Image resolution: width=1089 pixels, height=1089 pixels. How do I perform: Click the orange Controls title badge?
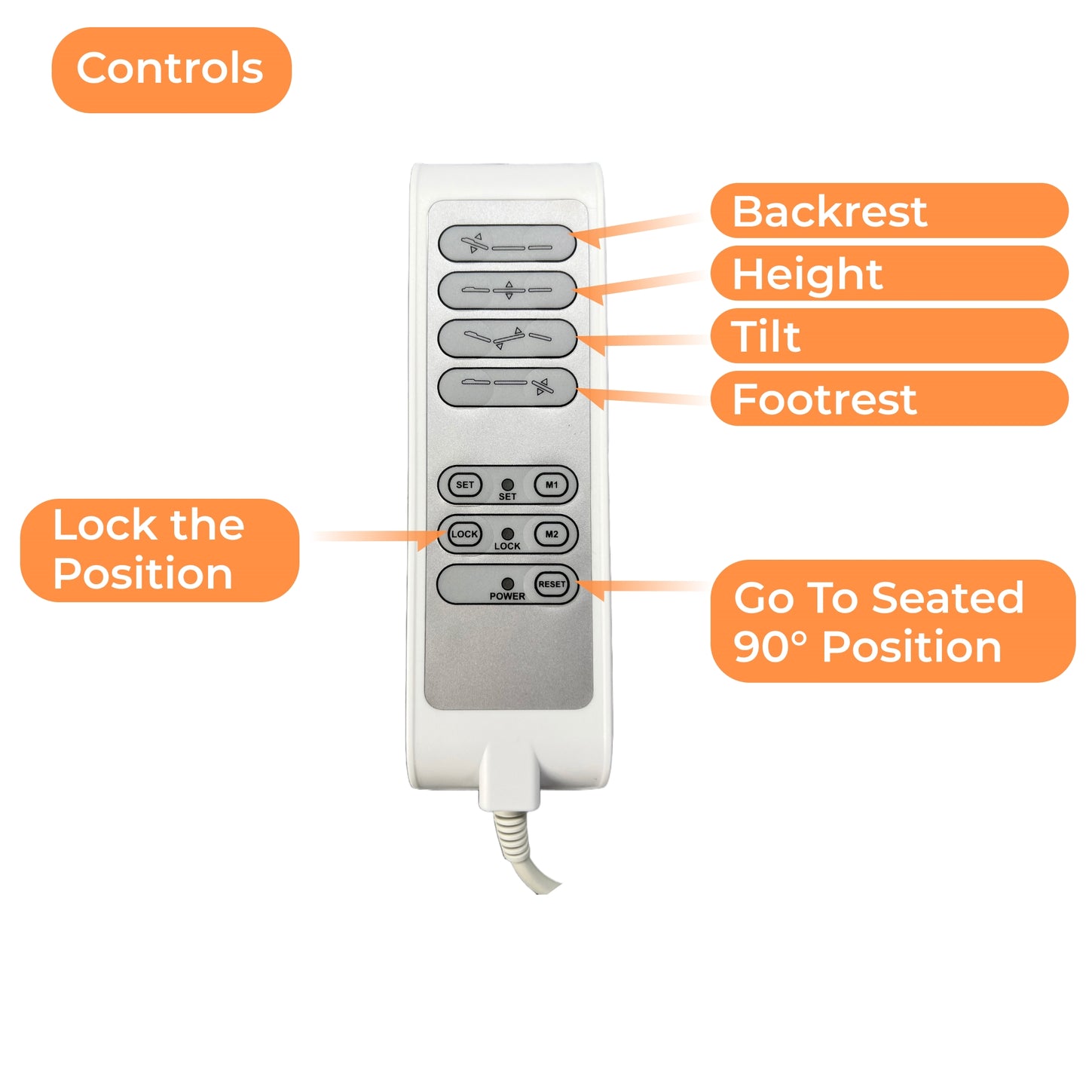(x=171, y=70)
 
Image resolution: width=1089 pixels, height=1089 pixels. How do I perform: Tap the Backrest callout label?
(x=889, y=211)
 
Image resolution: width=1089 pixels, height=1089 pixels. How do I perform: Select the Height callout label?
(x=889, y=274)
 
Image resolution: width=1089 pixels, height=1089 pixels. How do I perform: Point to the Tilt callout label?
(x=889, y=336)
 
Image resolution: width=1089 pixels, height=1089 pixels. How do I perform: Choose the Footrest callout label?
(x=889, y=399)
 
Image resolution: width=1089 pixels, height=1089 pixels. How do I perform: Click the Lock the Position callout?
(x=160, y=550)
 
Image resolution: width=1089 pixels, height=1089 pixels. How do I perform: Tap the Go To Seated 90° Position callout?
(x=892, y=622)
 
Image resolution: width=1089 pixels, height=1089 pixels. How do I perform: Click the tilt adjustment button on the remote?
(x=507, y=338)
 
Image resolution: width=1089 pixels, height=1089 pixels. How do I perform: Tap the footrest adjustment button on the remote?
(x=507, y=387)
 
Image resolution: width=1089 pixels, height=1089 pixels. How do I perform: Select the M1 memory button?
(x=552, y=485)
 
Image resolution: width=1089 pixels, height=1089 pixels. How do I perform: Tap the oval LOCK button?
(x=464, y=534)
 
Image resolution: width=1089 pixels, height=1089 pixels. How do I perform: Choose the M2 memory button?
(x=552, y=534)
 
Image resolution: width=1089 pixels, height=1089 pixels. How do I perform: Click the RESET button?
(x=552, y=584)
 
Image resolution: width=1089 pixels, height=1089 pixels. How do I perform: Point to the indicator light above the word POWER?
(x=508, y=583)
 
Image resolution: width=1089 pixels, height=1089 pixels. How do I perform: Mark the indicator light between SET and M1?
(x=508, y=485)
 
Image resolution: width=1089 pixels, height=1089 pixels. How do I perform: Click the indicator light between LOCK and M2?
(x=508, y=534)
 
